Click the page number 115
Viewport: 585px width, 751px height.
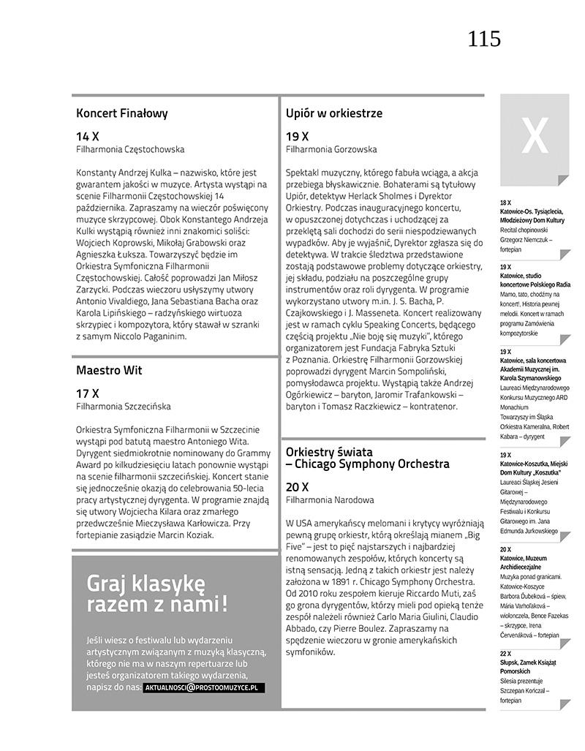[484, 39]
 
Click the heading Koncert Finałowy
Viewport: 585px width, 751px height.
[121, 113]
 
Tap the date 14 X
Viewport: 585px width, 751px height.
[87, 136]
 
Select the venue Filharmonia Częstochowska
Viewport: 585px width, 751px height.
[130, 149]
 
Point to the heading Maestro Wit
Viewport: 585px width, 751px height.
[109, 370]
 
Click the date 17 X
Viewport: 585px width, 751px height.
[87, 393]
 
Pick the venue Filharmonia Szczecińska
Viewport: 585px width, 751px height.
[125, 405]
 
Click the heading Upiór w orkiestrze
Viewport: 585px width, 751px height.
[333, 113]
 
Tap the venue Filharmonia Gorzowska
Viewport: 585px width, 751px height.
[331, 149]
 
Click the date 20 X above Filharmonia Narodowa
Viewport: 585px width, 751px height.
[297, 486]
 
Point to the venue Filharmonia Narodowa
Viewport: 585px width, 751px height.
[330, 499]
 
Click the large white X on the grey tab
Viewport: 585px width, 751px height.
[534, 135]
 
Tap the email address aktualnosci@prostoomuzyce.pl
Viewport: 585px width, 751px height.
[204, 688]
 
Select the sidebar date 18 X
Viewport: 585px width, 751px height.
[505, 202]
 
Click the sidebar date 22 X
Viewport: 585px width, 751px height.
[505, 652]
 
